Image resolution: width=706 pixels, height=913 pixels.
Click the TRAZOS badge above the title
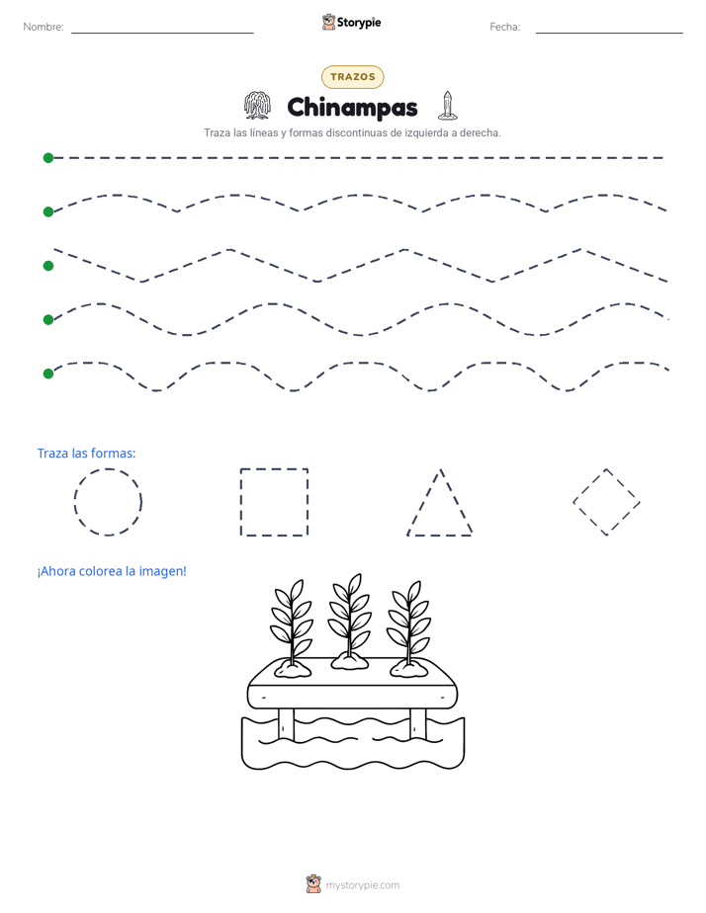coord(352,77)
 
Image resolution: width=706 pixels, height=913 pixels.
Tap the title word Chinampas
coord(352,108)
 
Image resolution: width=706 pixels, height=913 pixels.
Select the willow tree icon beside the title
coord(257,106)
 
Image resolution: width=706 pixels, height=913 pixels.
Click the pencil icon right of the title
coord(447,106)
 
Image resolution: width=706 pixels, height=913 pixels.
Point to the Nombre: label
coord(44,27)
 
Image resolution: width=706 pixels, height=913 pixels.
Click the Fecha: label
coord(504,27)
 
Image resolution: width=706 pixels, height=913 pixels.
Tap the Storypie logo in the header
coord(352,22)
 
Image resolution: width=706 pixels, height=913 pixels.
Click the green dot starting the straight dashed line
coord(48,158)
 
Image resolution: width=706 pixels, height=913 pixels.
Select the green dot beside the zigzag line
coord(48,266)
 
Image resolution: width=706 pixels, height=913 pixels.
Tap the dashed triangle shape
coord(440,535)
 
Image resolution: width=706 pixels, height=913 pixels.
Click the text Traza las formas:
coord(86,453)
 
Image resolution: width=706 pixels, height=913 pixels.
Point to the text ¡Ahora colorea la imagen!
coord(112,571)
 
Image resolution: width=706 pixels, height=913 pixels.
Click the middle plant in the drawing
coord(349,621)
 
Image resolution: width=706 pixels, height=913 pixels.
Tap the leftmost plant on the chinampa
coord(293,628)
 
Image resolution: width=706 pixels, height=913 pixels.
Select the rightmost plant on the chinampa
coord(409,628)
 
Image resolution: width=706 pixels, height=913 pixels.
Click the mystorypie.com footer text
coord(362,885)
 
